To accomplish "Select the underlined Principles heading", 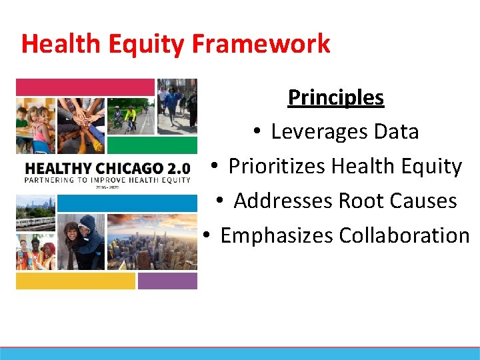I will click(x=335, y=97).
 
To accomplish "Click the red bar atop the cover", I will click(x=85, y=87).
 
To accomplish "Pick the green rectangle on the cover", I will click(x=152, y=145).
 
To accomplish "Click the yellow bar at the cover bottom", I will click(x=75, y=281).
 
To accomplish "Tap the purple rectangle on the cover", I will click(x=167, y=281).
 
